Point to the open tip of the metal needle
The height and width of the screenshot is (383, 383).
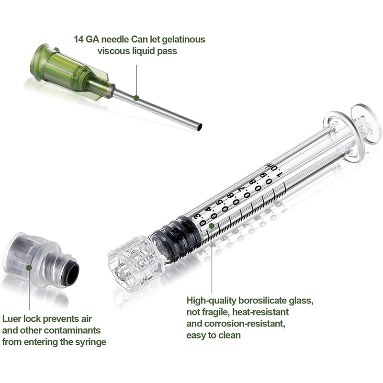coord(199,127)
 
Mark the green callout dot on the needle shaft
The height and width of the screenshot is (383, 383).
coord(136,98)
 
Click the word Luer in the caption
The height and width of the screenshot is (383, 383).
coord(12,318)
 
